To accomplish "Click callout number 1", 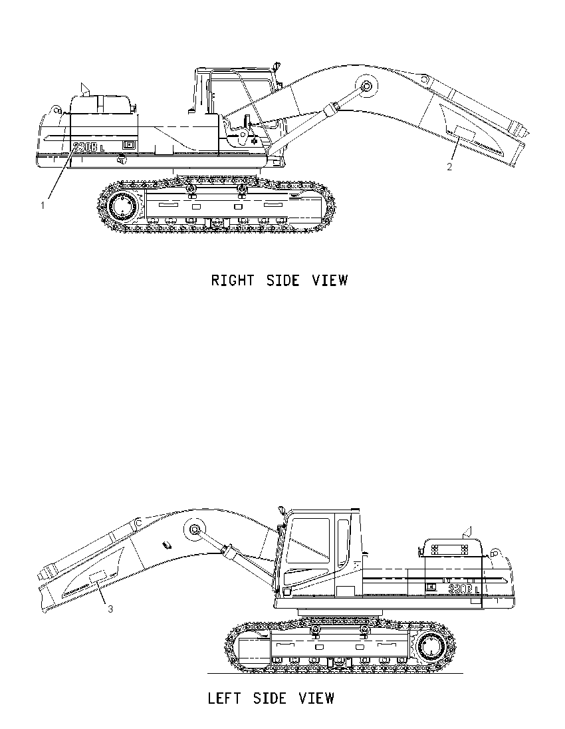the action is pos(43,205).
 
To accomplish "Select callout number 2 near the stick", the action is pos(449,167).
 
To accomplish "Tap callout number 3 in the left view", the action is pos(110,609).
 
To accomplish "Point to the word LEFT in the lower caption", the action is pos(224,698).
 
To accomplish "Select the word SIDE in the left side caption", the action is pos(269,698).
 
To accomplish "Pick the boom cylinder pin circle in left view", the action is pos(194,529).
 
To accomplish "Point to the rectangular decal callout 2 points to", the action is pos(465,132).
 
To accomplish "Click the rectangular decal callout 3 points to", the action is pos(98,576).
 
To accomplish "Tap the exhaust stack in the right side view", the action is pos(84,89).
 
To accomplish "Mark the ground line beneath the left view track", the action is pos(335,672).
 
